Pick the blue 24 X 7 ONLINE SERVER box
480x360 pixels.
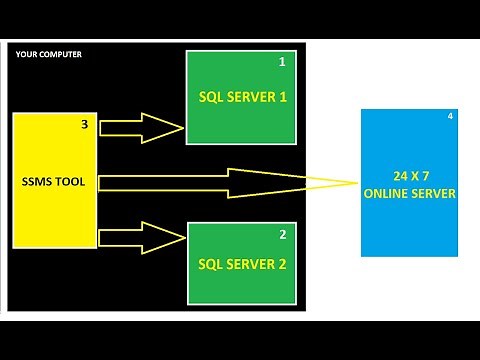(411, 184)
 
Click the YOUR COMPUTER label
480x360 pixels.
(49, 54)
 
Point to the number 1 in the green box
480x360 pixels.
(282, 62)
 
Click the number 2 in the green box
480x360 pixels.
(282, 235)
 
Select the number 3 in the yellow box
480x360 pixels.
(84, 126)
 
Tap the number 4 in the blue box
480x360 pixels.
(450, 117)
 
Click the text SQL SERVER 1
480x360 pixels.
(243, 99)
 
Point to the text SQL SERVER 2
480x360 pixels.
(243, 265)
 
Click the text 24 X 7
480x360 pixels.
(411, 177)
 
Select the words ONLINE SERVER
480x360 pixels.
(411, 193)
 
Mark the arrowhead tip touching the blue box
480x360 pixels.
(358, 182)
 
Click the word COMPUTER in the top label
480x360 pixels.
(63, 54)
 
